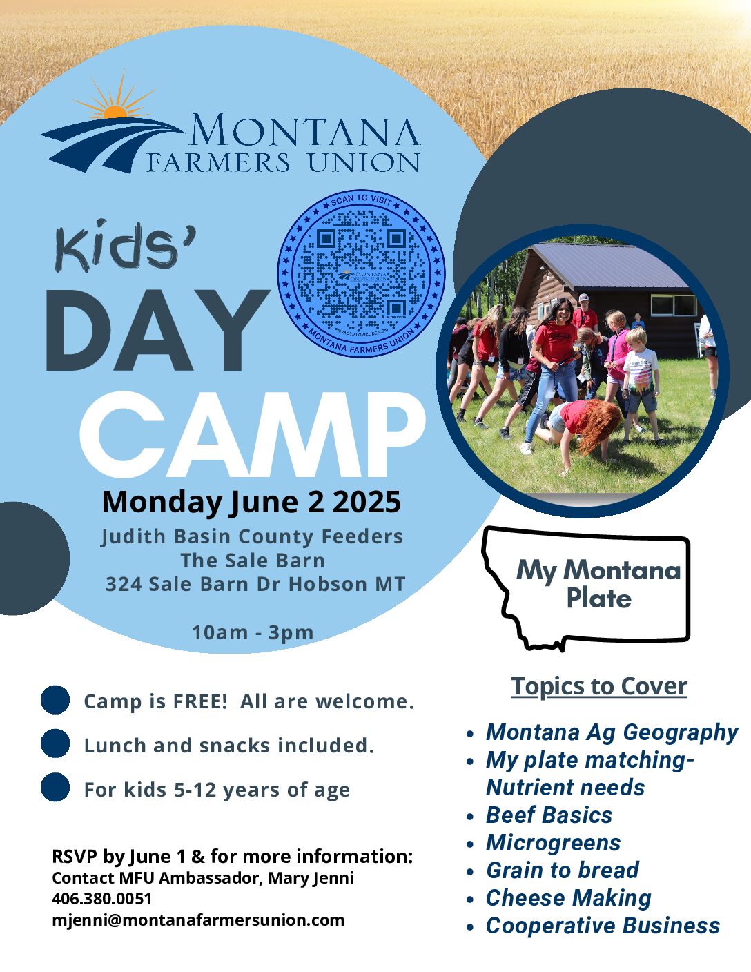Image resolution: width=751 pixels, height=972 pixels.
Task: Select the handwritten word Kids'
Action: pos(125,244)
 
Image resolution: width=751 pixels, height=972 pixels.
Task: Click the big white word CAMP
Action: pos(253,434)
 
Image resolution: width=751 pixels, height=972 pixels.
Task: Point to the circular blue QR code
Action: pos(362,273)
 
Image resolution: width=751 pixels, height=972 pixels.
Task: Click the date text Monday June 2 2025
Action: pos(251,502)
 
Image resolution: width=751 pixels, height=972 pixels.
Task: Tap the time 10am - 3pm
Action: pos(253,632)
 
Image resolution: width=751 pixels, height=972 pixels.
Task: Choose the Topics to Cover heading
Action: pos(599,686)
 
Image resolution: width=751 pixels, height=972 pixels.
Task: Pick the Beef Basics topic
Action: pos(549,815)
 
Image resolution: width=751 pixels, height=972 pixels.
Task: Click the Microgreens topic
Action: pos(554,843)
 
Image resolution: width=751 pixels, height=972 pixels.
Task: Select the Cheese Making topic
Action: pos(569,898)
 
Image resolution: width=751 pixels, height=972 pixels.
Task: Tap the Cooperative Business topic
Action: pos(603,926)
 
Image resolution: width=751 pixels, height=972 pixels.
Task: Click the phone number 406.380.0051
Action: pos(102,899)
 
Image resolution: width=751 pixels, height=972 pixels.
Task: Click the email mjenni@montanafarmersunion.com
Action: pos(198,920)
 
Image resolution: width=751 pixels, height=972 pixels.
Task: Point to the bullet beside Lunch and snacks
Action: pos(55,743)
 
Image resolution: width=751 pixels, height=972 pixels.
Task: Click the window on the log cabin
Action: pos(674,305)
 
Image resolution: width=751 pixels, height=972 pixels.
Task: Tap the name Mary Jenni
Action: pos(311,877)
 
